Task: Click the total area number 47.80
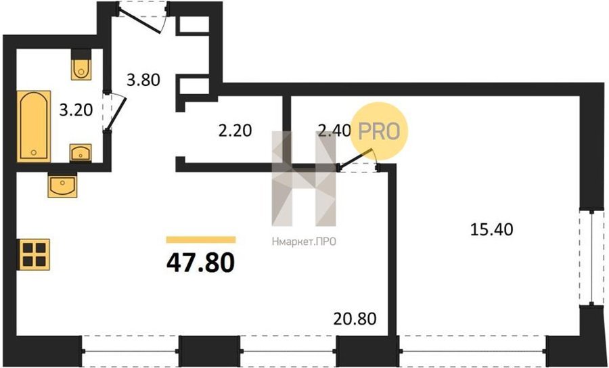pyautogui.click(x=200, y=262)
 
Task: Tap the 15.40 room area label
pyautogui.click(x=491, y=230)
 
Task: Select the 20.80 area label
pyautogui.click(x=355, y=319)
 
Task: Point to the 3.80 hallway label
pyautogui.click(x=143, y=80)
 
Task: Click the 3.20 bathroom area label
pyautogui.click(x=76, y=110)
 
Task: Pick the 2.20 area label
pyautogui.click(x=235, y=131)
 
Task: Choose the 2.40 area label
pyautogui.click(x=334, y=131)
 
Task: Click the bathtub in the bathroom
pyautogui.click(x=34, y=127)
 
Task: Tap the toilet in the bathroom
pyautogui.click(x=81, y=64)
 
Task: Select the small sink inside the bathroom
pyautogui.click(x=81, y=153)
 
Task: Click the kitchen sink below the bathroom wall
pyautogui.click(x=62, y=185)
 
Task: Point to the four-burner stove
pyautogui.click(x=33, y=254)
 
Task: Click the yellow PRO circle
pyautogui.click(x=379, y=131)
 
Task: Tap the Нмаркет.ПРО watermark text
pyautogui.click(x=304, y=242)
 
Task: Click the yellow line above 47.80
pyautogui.click(x=201, y=239)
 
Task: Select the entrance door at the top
pyautogui.click(x=143, y=18)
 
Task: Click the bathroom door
pyautogui.click(x=114, y=112)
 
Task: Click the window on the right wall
pyautogui.click(x=591, y=258)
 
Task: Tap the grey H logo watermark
pyautogui.click(x=304, y=179)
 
